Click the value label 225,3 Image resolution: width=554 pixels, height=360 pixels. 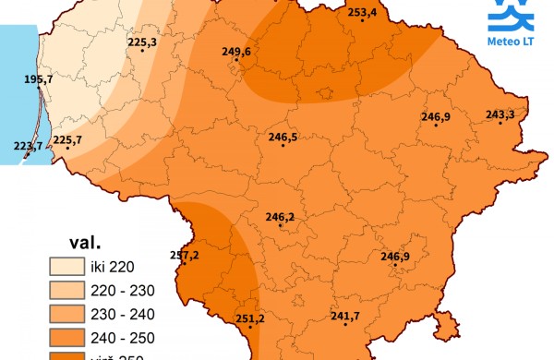click(142, 42)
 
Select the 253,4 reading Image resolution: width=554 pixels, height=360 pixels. click(362, 12)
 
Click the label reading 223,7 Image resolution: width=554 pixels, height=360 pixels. click(29, 146)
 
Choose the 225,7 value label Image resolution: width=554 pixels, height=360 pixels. click(67, 139)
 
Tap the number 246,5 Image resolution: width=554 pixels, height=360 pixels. click(283, 137)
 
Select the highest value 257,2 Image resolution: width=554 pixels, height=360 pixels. click(185, 255)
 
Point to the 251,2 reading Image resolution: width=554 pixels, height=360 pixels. click(250, 318)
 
